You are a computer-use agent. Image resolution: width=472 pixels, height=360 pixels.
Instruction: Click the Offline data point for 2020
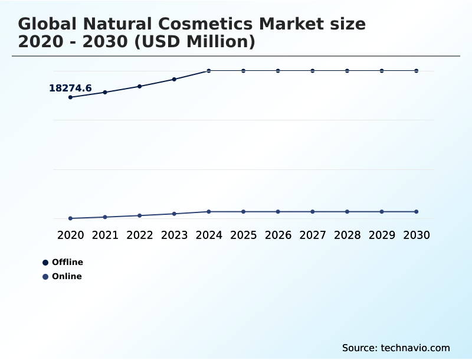pos(70,97)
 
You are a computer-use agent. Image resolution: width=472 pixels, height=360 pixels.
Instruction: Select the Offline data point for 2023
pos(174,79)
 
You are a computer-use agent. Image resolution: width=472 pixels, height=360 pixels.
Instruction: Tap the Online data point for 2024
pos(209,211)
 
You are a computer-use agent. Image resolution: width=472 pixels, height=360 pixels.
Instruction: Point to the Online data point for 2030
pos(416,211)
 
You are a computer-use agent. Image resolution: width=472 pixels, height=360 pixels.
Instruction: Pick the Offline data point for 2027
pos(313,71)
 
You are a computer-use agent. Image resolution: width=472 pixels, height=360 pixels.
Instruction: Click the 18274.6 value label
pos(70,89)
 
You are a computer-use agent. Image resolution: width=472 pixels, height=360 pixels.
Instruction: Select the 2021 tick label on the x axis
pos(105,235)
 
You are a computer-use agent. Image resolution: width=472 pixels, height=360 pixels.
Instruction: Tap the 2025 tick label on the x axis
pos(243,235)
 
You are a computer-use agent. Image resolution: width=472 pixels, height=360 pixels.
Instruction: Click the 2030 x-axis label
pos(416,235)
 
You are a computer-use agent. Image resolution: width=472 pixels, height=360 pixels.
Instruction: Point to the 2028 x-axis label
pos(347,235)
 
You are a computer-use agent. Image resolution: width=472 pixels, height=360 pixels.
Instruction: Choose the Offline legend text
pos(67,262)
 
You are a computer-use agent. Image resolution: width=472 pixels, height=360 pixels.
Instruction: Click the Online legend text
pos(67,276)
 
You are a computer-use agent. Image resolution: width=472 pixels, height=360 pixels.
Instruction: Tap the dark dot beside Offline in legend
pos(45,263)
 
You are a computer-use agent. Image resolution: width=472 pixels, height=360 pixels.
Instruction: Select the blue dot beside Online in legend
pos(45,277)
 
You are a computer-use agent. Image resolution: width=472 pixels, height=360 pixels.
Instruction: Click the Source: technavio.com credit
pos(396,348)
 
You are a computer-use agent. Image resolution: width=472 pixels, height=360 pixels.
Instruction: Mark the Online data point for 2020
pos(70,218)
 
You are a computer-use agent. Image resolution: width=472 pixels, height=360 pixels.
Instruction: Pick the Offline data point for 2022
pos(140,86)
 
